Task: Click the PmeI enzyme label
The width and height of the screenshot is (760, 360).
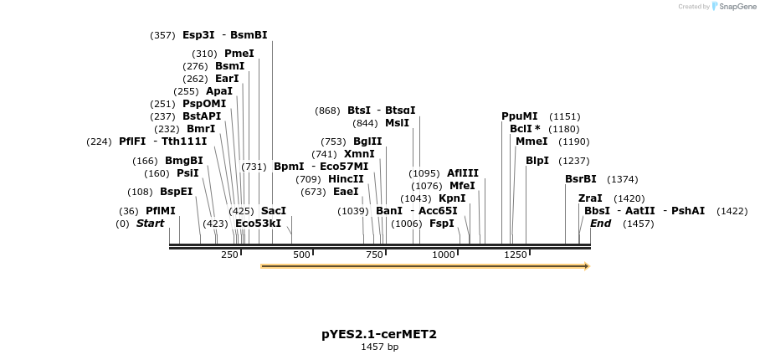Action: point(239,54)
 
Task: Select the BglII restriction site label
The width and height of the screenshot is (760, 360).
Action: point(367,141)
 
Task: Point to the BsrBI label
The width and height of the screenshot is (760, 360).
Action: point(581,179)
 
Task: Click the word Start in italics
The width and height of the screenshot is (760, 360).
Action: point(150,224)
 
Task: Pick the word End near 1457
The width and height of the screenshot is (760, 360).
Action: point(600,224)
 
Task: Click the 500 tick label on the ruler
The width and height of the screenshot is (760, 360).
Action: point(301,255)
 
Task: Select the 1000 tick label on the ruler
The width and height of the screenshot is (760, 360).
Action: point(443,255)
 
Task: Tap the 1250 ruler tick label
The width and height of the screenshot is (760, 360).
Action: point(515,255)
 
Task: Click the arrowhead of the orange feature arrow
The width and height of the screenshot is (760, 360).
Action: point(586,266)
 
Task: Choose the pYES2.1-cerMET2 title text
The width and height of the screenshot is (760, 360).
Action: point(379,334)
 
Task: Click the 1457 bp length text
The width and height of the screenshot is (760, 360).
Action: point(379,347)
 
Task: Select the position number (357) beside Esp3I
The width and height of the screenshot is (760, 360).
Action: point(162,35)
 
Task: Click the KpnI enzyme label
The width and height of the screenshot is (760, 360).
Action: point(452,198)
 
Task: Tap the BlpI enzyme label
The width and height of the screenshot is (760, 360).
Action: point(537,161)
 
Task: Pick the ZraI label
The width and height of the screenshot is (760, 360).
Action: point(590,198)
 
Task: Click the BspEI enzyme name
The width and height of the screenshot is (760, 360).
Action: point(176,192)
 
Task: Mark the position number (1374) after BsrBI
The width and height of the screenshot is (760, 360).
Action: point(622,179)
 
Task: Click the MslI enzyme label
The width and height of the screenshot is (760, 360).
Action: point(397,123)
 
